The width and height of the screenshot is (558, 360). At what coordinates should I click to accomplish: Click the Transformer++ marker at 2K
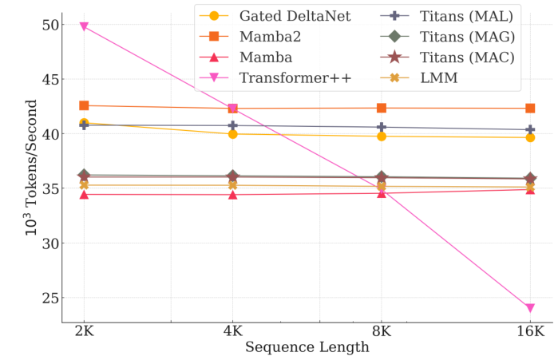coord(83,26)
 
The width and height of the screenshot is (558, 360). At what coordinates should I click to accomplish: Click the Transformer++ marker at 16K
coord(530,308)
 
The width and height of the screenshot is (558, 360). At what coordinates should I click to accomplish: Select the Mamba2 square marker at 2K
coord(83,105)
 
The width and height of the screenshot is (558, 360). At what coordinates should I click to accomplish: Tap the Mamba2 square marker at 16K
coord(530,108)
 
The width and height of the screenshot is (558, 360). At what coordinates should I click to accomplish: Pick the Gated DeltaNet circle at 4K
coord(232,134)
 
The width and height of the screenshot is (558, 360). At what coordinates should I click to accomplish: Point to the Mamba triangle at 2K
coord(83,194)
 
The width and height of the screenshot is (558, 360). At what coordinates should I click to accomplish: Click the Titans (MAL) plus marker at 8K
coord(382,127)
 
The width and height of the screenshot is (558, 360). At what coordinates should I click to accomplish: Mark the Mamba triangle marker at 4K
coord(232,194)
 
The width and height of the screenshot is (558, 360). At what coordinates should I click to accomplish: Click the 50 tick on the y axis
coord(47,25)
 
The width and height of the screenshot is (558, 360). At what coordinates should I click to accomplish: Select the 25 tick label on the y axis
coord(47,298)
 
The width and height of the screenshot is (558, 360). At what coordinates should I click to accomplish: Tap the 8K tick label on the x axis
coord(382,331)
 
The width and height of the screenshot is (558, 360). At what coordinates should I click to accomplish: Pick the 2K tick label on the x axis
coord(83,331)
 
